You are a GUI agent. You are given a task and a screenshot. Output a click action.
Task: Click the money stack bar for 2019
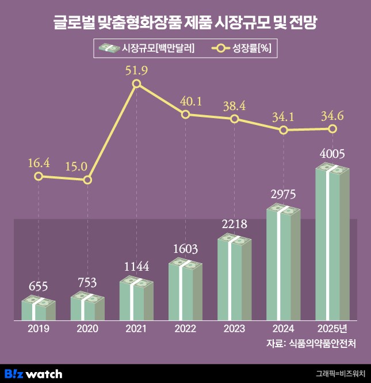(39, 309)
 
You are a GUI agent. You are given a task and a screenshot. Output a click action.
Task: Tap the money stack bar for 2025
(332, 242)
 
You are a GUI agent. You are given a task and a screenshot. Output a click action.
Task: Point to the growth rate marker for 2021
(136, 84)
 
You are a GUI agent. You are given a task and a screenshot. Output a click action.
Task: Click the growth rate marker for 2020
(87, 180)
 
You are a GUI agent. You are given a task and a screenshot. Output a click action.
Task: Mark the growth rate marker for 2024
(284, 130)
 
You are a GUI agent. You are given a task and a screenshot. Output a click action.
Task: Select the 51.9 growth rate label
(136, 71)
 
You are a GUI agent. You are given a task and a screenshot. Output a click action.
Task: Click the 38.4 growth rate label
(234, 106)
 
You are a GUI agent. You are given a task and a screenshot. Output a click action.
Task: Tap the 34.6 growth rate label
(332, 116)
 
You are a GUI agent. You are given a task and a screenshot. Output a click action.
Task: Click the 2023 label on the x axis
(234, 329)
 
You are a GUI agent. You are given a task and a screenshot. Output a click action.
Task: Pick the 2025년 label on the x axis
(332, 329)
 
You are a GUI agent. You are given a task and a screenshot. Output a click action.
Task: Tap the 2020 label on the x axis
(87, 329)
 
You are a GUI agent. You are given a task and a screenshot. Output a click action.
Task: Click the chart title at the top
(185, 24)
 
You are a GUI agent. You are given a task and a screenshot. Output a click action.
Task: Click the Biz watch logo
(33, 374)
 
